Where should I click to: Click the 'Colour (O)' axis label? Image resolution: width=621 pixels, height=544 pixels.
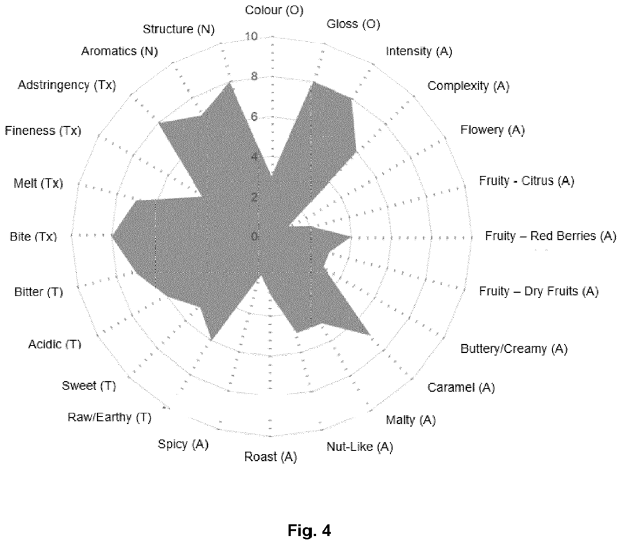(274, 10)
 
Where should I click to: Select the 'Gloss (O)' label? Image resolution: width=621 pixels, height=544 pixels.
(354, 24)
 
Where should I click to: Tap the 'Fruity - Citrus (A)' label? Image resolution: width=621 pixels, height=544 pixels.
(526, 181)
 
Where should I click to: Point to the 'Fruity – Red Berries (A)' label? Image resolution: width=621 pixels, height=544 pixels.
(551, 236)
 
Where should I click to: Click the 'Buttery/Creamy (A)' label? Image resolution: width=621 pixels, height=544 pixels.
(514, 349)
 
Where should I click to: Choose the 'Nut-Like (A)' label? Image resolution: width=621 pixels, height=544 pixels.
(360, 447)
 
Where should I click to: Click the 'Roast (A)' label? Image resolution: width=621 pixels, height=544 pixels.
(270, 457)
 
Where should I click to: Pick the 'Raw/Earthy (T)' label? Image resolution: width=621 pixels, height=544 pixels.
(110, 417)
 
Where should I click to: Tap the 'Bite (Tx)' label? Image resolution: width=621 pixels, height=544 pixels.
(33, 237)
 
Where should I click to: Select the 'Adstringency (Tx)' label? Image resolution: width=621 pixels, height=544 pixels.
(67, 85)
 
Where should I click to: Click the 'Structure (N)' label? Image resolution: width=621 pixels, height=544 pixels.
(179, 29)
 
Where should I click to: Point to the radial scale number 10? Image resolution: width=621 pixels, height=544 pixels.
(251, 36)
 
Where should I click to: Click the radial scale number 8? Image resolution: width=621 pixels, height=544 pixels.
(254, 76)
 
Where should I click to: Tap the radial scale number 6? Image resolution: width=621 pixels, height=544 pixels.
(254, 117)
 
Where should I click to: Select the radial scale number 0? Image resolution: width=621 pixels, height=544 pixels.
(254, 237)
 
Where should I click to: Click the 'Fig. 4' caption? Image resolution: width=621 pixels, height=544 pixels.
(309, 530)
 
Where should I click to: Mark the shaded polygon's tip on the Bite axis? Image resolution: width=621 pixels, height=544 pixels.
(112, 236)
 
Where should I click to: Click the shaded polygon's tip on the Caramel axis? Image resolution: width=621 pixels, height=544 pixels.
(371, 335)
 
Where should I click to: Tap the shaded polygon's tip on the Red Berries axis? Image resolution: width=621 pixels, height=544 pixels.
(351, 237)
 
